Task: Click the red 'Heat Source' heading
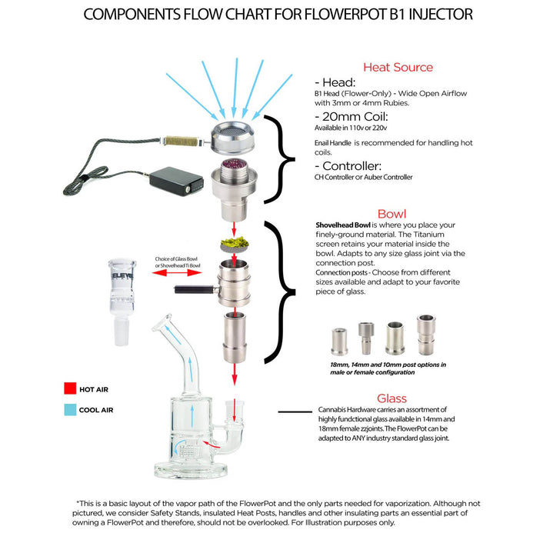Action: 398,67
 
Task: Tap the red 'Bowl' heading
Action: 392,213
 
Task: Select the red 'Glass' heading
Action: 391,398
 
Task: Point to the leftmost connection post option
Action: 336,339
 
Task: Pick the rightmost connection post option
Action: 425,335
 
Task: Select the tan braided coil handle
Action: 182,142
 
